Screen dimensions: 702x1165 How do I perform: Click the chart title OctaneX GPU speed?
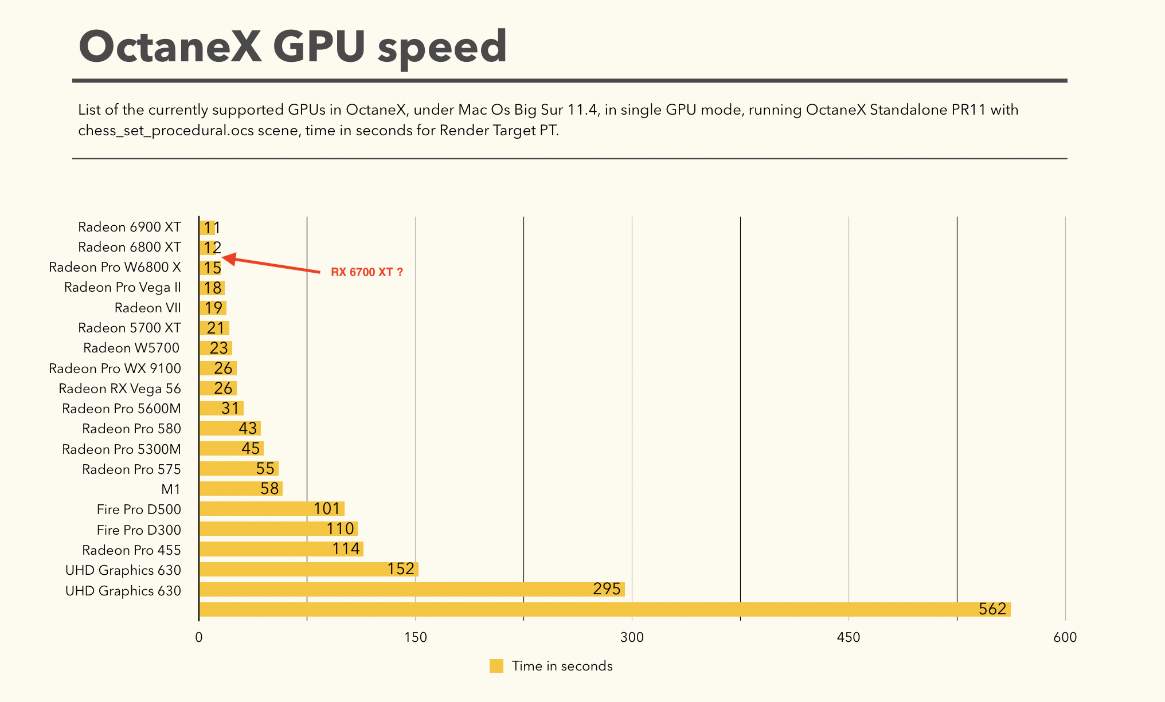pyautogui.click(x=292, y=47)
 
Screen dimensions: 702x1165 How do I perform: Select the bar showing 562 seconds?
pyautogui.click(x=604, y=609)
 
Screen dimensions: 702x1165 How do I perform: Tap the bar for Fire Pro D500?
pyautogui.click(x=271, y=509)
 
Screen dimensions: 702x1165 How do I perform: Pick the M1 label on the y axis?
pyautogui.click(x=171, y=489)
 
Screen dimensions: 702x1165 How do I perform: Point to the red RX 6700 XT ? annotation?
pyautogui.click(x=367, y=272)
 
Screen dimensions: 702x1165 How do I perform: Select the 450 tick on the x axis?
pyautogui.click(x=849, y=637)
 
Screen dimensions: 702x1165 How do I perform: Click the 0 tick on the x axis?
pyautogui.click(x=199, y=637)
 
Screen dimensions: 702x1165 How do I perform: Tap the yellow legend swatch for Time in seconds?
pyautogui.click(x=497, y=666)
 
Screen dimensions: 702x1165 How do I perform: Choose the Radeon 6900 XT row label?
pyautogui.click(x=130, y=227)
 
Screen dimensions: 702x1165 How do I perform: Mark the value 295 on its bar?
pyautogui.click(x=607, y=589)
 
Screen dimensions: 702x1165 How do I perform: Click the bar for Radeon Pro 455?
pyautogui.click(x=281, y=549)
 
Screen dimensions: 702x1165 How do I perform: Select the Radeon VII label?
pyautogui.click(x=147, y=308)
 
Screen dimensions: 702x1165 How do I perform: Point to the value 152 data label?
pyautogui.click(x=400, y=569)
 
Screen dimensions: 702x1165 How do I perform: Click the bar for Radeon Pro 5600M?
pyautogui.click(x=221, y=409)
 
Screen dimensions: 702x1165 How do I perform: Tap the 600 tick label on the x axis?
pyautogui.click(x=1065, y=637)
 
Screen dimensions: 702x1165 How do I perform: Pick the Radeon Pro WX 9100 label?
pyautogui.click(x=115, y=368)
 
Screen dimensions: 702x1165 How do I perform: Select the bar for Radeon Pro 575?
pyautogui.click(x=239, y=469)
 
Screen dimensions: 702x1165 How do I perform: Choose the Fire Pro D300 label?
pyautogui.click(x=139, y=530)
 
